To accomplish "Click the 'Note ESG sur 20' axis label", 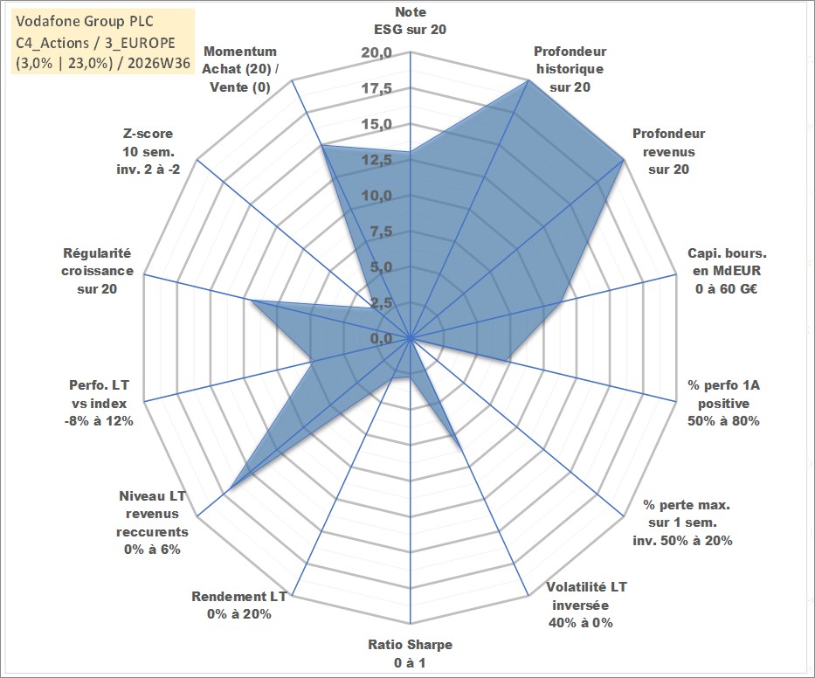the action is [410, 21].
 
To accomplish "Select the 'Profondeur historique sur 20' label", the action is [570, 69].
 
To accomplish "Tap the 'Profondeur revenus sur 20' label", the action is [668, 151].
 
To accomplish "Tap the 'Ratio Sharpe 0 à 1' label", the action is [410, 654].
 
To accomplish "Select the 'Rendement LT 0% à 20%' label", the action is [239, 605].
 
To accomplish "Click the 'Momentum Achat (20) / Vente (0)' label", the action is [240, 69].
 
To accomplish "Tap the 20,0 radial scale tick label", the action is [376, 53].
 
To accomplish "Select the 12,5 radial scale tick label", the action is [376, 160].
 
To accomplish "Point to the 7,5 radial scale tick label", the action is [381, 232].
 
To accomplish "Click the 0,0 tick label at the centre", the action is [381, 338].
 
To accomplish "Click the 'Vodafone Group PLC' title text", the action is [85, 21].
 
